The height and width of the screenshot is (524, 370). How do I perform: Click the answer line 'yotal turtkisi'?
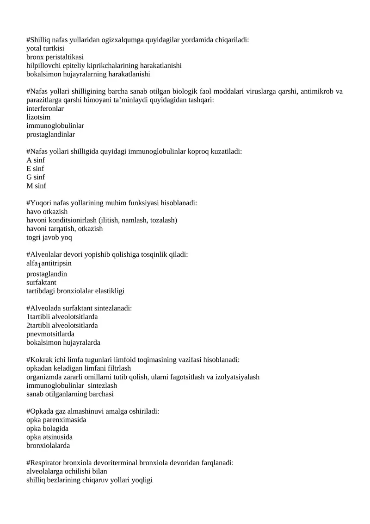pos(45,48)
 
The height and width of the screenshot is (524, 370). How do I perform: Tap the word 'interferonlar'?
pos(45,108)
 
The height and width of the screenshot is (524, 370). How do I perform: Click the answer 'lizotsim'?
pos(38,117)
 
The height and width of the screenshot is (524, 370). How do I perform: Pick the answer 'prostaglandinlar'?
pos(50,134)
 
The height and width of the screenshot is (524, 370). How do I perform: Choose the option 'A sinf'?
pos(36,160)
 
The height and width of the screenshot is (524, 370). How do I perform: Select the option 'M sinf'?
pos(36,186)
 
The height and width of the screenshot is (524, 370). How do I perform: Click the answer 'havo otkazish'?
pos(47,212)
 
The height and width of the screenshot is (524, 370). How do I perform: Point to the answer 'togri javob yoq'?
pos(49,238)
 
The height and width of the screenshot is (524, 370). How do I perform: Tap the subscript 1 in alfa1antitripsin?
pos(40,265)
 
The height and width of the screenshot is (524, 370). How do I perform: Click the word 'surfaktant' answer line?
pos(41,283)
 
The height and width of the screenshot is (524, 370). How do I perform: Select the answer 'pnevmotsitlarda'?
pos(50,334)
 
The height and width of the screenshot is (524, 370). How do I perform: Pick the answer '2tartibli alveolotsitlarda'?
pos(62,326)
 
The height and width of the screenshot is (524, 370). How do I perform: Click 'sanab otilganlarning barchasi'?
pos(70,394)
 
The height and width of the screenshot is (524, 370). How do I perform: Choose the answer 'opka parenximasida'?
pos(56,420)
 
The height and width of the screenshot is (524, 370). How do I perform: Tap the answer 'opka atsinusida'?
pos(49,437)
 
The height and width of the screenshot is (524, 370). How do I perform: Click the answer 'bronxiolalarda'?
pos(48,446)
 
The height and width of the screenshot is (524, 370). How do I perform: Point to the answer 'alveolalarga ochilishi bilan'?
pos(67,472)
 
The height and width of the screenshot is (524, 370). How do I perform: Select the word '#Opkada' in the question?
pos(39,411)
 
